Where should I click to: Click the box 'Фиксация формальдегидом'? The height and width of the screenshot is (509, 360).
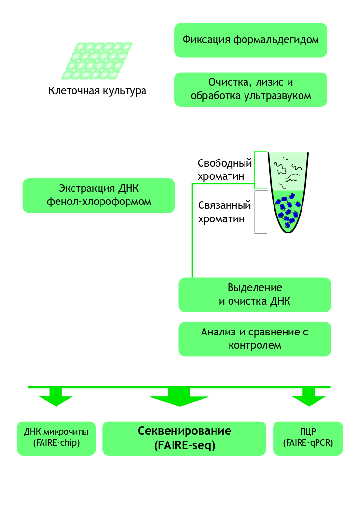(250, 40)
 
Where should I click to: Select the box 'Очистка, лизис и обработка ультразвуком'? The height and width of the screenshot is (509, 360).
(250, 89)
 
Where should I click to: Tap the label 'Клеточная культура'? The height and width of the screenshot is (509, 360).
(97, 91)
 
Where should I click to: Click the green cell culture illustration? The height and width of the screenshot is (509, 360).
(97, 60)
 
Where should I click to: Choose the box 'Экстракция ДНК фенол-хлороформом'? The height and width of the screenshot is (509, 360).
(99, 195)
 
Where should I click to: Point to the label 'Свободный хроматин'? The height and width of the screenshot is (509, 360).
(225, 169)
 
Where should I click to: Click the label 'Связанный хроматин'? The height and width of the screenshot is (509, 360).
(225, 212)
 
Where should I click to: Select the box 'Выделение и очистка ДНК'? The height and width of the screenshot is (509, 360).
(255, 294)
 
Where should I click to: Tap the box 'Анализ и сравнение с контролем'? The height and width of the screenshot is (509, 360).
(255, 339)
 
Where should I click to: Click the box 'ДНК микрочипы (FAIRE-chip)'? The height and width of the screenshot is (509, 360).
(56, 438)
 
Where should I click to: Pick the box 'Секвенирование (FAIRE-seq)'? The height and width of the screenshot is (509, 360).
(184, 438)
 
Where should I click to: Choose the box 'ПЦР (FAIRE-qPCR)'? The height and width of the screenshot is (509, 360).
(308, 438)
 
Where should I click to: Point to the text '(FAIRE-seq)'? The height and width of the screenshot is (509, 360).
(184, 446)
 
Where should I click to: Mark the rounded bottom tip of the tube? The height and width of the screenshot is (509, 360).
(288, 230)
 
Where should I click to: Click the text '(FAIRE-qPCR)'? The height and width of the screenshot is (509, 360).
(308, 443)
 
